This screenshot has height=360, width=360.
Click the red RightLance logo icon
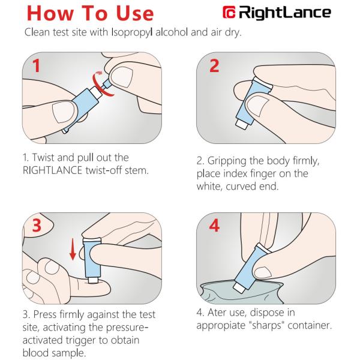pyautogui.click(x=229, y=12)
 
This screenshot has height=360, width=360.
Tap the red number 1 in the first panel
pyautogui.click(x=36, y=65)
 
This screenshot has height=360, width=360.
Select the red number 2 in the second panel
pyautogui.click(x=214, y=65)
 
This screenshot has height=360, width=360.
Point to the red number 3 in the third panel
pyautogui.click(x=37, y=226)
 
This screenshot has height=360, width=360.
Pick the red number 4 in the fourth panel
pyautogui.click(x=214, y=226)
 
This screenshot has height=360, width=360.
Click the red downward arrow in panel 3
pyautogui.click(x=73, y=249)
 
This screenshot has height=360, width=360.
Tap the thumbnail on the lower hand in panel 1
pyautogui.click(x=62, y=112)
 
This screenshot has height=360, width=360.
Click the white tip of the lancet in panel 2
pyautogui.click(x=242, y=123)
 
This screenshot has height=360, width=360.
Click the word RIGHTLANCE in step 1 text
pyautogui.click(x=53, y=170)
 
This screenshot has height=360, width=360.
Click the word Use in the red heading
pyautogui.click(x=135, y=13)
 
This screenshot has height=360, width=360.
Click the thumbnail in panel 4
pyautogui.click(x=263, y=272)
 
